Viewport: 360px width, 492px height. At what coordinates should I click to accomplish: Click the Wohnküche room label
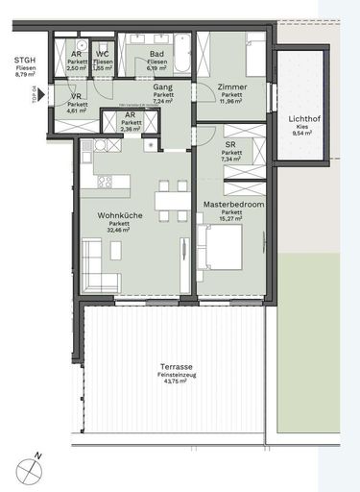point(119,216)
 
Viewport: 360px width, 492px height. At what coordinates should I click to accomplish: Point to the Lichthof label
point(305,119)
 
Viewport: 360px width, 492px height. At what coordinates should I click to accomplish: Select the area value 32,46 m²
point(119,232)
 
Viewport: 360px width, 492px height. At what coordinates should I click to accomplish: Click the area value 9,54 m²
point(305,135)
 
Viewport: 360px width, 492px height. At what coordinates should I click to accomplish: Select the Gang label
point(162,87)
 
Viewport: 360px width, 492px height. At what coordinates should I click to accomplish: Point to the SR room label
point(231,144)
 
